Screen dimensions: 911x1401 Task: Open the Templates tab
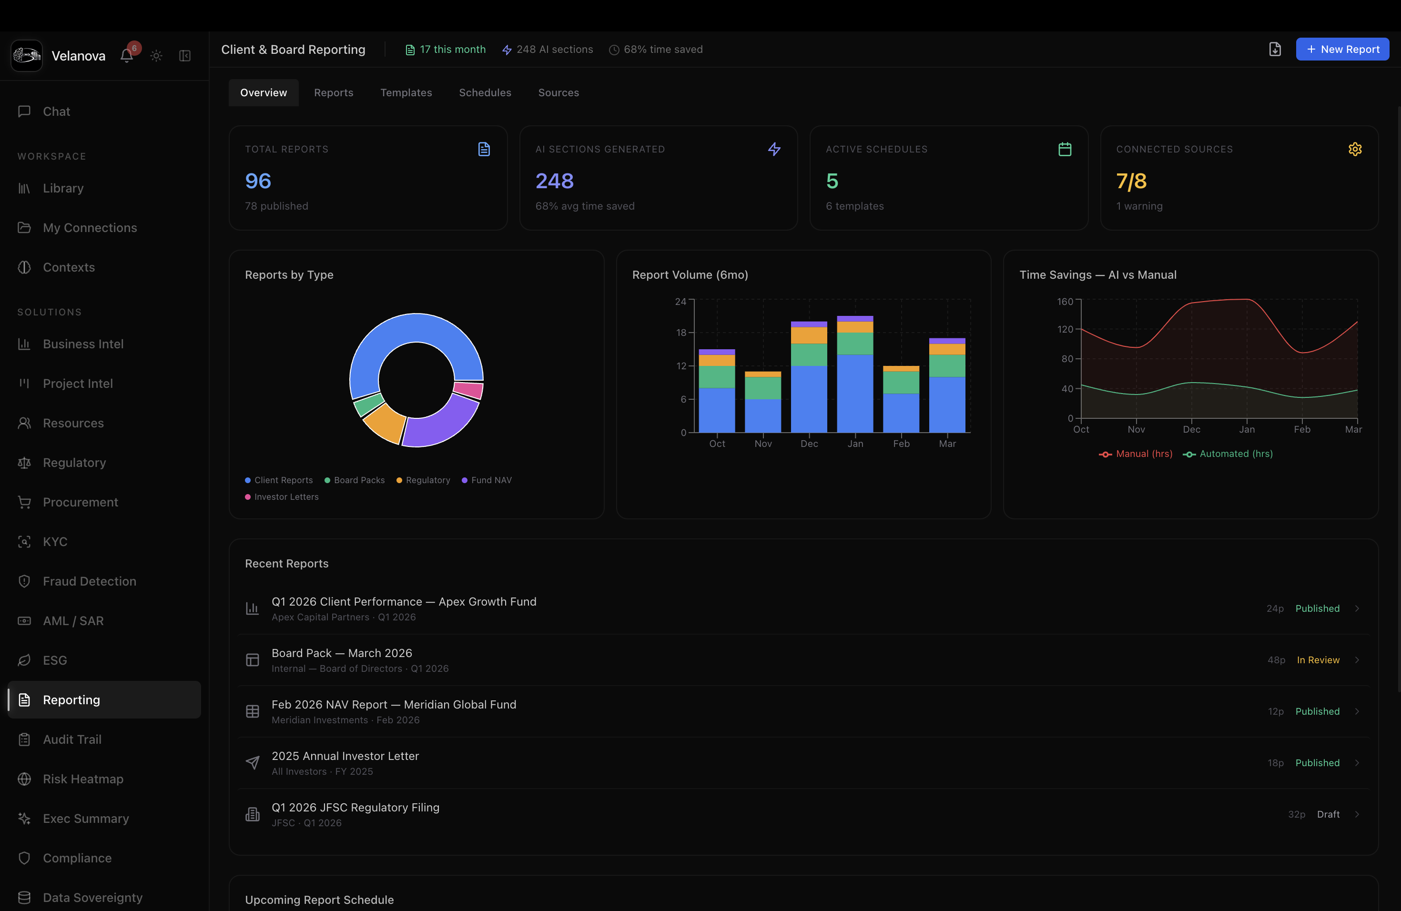406,92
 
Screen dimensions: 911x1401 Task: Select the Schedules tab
485,92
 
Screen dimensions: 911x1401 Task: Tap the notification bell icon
127,56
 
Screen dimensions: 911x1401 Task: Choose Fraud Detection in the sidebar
90,581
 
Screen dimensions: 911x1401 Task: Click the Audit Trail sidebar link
72,740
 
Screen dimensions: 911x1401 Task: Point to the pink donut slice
468,390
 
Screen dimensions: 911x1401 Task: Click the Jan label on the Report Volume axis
855,444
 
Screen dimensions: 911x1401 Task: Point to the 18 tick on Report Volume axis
681,333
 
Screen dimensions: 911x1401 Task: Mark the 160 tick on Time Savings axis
1065,301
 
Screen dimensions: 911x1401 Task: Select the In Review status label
1318,660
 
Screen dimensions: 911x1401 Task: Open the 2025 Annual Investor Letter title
345,756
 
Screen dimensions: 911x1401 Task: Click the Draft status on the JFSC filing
1328,814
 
